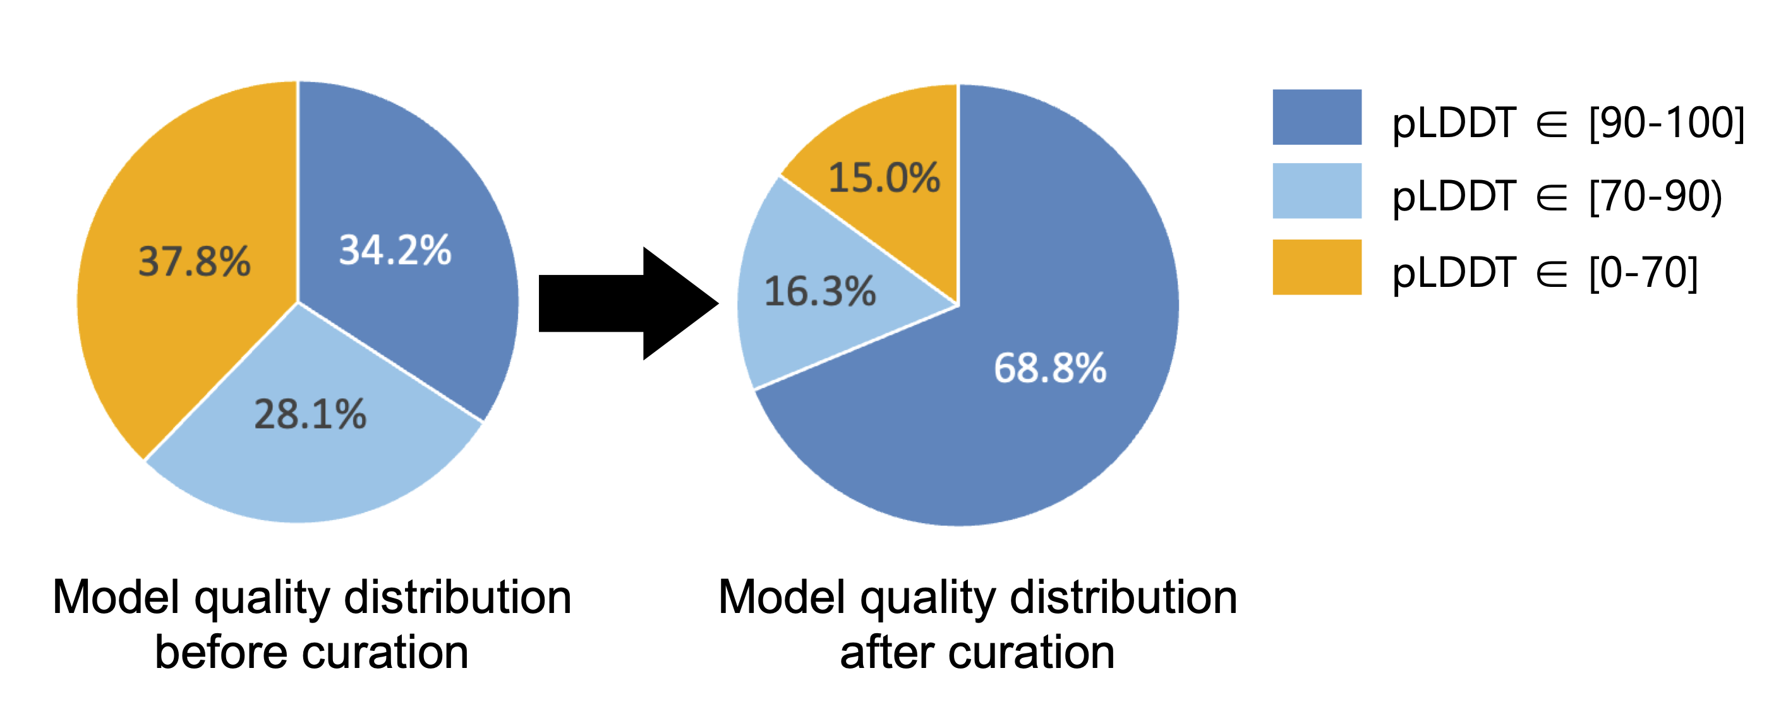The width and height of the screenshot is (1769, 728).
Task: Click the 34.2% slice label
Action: (395, 250)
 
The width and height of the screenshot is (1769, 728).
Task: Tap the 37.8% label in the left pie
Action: (195, 262)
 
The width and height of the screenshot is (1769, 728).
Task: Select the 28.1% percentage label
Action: (310, 414)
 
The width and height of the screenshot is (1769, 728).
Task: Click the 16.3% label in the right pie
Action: (820, 291)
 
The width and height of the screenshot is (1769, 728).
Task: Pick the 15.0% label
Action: (884, 177)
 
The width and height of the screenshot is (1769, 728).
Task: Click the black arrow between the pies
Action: (629, 303)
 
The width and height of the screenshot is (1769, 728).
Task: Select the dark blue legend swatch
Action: (1317, 117)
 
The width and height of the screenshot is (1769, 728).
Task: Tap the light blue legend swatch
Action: (1317, 191)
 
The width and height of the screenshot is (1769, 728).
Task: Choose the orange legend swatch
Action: (1317, 267)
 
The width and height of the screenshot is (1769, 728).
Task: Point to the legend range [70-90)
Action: (1656, 197)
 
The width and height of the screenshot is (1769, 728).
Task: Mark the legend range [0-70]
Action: (1643, 272)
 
